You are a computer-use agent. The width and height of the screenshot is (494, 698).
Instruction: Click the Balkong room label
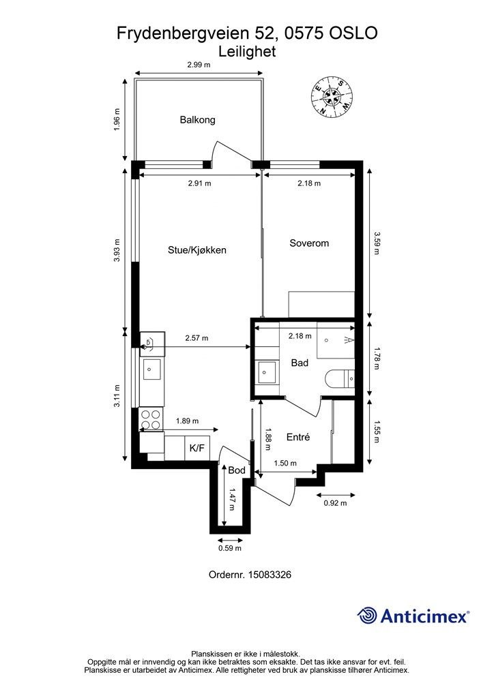click(x=197, y=120)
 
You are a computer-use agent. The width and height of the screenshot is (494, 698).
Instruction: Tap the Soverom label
click(x=309, y=243)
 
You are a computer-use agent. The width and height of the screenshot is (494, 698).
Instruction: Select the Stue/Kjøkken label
click(x=197, y=250)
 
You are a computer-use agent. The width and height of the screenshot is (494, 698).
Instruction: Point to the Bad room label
click(x=300, y=363)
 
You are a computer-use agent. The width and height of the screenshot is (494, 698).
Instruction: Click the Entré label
click(x=298, y=437)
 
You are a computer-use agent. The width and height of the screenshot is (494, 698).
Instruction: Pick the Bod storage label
click(x=237, y=470)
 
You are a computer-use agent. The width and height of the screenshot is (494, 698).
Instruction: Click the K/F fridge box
click(x=197, y=448)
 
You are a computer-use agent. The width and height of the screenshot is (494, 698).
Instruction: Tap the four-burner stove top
click(x=151, y=419)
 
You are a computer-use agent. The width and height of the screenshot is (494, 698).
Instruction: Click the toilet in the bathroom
click(x=339, y=379)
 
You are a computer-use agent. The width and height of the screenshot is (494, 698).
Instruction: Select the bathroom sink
click(x=267, y=372)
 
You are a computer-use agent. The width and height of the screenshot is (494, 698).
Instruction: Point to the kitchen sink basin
click(x=151, y=369)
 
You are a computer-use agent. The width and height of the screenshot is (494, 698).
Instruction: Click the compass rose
click(x=332, y=96)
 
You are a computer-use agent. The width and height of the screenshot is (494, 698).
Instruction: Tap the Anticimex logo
click(x=413, y=616)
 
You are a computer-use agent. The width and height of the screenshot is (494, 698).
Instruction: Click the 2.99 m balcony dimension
click(x=199, y=65)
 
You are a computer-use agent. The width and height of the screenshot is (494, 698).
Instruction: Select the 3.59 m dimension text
click(x=377, y=243)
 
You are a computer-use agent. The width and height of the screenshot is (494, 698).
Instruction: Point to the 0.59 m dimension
click(x=230, y=548)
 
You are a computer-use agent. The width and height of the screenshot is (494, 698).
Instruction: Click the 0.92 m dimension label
click(x=335, y=503)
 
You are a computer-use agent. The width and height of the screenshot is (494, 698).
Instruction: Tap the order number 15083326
click(x=270, y=575)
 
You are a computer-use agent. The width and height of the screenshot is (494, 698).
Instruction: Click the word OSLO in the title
click(x=353, y=33)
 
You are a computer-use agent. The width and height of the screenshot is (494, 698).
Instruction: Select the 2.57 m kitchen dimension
click(x=197, y=338)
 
